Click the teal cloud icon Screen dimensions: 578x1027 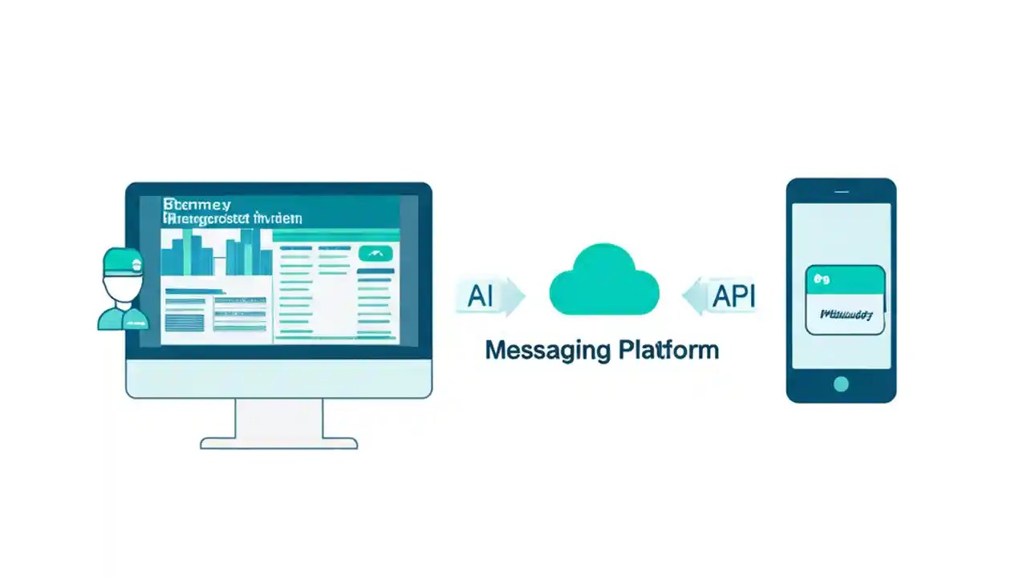603,281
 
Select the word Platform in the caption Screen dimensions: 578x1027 669,351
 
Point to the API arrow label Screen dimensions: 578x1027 725,296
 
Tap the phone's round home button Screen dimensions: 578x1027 840,384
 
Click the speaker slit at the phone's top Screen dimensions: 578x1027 841,192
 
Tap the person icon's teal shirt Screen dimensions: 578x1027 124,319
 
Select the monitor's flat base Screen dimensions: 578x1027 278,443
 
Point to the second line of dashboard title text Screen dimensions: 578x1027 233,218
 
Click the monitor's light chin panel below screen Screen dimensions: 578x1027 278,378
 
